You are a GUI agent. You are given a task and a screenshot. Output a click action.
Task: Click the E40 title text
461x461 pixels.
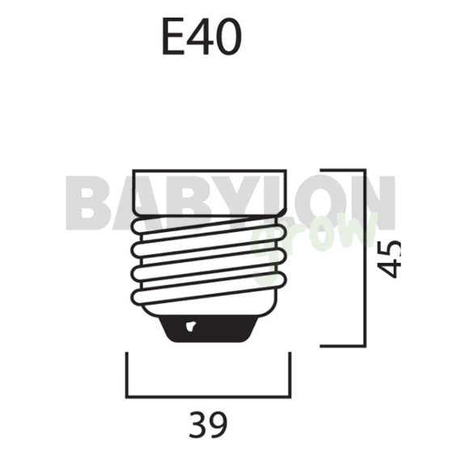click(202, 36)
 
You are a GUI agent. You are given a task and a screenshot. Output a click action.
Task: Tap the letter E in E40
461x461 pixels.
click(173, 36)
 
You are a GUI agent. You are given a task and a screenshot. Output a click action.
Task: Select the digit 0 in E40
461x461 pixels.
click(227, 36)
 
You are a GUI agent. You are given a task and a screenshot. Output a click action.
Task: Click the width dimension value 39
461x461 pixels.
click(208, 425)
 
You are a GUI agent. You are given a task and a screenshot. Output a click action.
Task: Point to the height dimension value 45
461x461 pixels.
click(389, 259)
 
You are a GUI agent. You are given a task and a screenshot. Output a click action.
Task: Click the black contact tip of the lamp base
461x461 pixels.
click(209, 328)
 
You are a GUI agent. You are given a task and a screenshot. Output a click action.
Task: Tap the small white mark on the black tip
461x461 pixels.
click(190, 327)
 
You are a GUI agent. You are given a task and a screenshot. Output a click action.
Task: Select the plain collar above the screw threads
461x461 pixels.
click(209, 192)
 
